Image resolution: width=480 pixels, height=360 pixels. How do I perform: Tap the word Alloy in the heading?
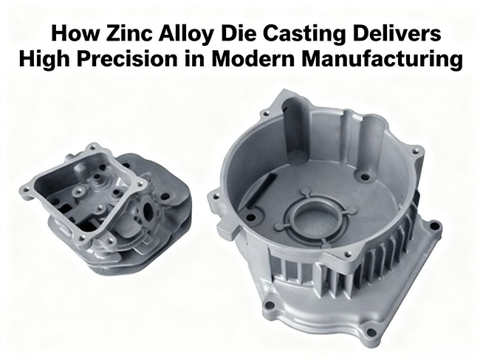coord(171,35)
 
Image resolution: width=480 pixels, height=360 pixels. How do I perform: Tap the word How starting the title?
coord(66,35)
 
